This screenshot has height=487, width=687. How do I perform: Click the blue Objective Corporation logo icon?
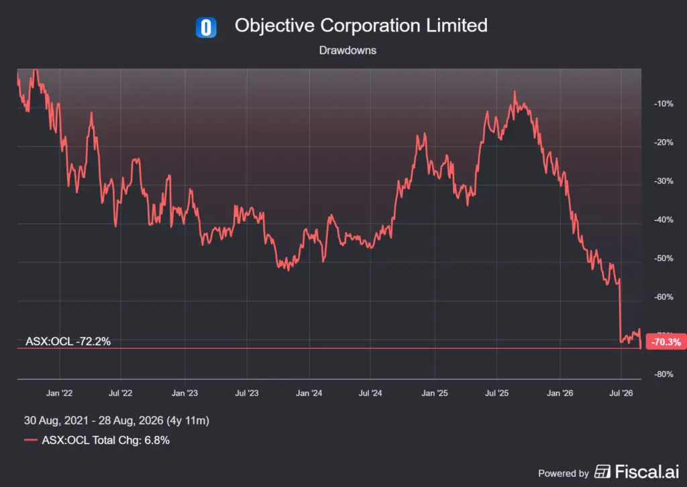(206, 27)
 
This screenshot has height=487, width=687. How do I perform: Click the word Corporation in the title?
(370, 25)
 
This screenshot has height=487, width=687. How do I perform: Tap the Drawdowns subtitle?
(348, 50)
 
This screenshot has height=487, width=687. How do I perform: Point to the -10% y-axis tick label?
(664, 104)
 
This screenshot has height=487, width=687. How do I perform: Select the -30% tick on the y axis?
(664, 181)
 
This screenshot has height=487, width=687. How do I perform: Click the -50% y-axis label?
(664, 258)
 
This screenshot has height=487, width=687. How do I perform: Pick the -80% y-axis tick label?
(664, 374)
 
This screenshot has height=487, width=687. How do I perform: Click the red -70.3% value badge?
(666, 341)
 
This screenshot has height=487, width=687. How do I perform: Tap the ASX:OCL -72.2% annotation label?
(68, 341)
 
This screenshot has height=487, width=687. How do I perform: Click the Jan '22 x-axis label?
(59, 393)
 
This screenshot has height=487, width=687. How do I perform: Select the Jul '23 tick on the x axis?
(247, 393)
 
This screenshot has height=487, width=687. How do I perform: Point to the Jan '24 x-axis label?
(309, 393)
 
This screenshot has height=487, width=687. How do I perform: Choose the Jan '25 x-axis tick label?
(435, 393)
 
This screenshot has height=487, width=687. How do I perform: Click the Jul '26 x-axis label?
(621, 393)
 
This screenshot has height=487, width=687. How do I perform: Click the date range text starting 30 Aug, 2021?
(117, 421)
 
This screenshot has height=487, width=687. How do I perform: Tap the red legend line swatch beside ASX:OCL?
(31, 440)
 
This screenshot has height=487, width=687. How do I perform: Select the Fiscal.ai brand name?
(647, 472)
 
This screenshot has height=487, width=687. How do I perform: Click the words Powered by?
(564, 474)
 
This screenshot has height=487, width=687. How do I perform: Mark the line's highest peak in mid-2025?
(515, 91)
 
